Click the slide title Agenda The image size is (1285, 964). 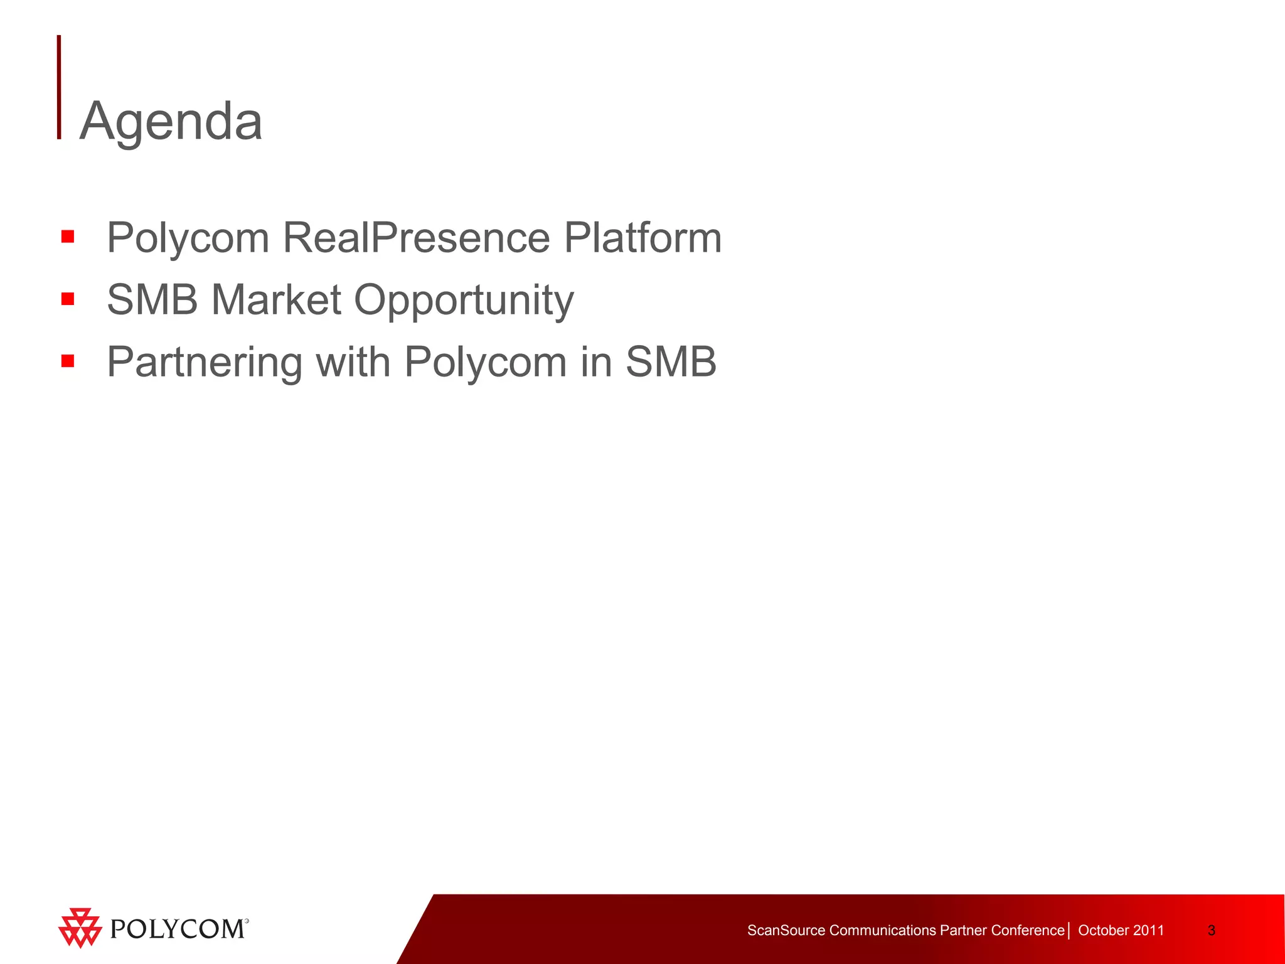point(171,120)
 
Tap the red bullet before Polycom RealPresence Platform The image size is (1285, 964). point(68,237)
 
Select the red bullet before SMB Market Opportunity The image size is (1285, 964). point(68,299)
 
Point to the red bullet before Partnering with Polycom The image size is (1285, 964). point(68,361)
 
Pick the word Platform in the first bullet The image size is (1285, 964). point(642,238)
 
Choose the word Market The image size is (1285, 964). point(276,299)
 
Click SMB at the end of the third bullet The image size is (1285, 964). point(671,362)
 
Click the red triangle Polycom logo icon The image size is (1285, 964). point(80,927)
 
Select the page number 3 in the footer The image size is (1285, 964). point(1211,930)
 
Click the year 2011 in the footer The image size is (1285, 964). point(1148,930)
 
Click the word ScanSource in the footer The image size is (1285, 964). point(786,930)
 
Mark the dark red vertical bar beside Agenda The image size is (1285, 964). point(59,87)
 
